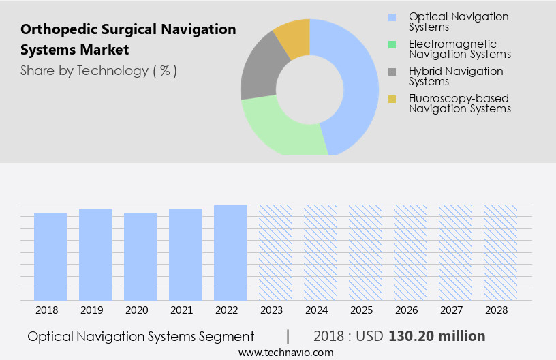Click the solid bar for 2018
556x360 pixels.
50,256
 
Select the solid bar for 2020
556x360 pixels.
140,256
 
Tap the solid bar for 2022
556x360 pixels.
230,252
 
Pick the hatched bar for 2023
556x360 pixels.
275,252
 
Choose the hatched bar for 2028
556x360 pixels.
500,252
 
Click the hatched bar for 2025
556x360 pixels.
365,252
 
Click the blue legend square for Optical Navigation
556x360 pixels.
392,17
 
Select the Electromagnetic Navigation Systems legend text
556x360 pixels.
460,49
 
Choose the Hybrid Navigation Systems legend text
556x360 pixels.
456,76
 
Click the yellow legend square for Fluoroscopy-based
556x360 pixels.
392,100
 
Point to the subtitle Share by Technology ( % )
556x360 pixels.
99,71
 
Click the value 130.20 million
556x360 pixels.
437,336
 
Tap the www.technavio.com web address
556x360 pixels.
285,352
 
